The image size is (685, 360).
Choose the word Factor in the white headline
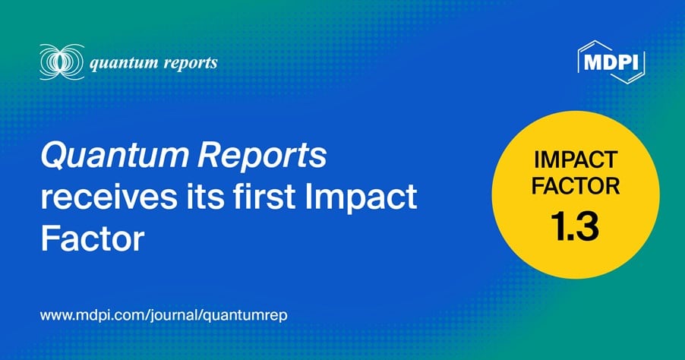(x=91, y=241)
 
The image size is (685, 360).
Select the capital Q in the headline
(x=52, y=158)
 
